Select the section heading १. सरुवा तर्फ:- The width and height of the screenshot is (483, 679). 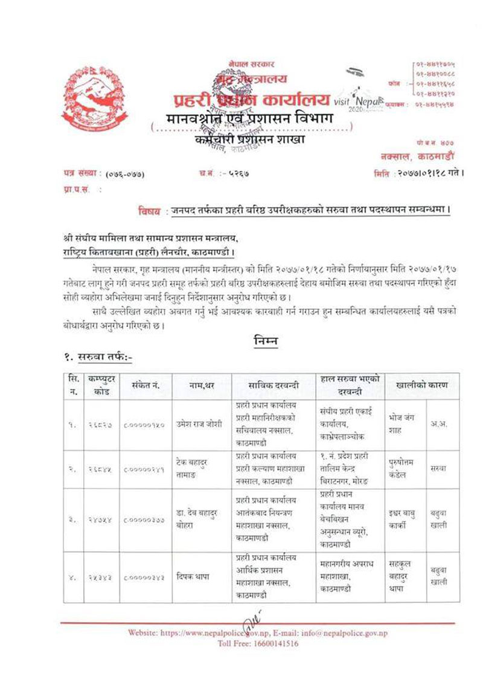pyautogui.click(x=98, y=357)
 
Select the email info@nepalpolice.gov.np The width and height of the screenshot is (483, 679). pyautogui.click(x=359, y=632)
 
